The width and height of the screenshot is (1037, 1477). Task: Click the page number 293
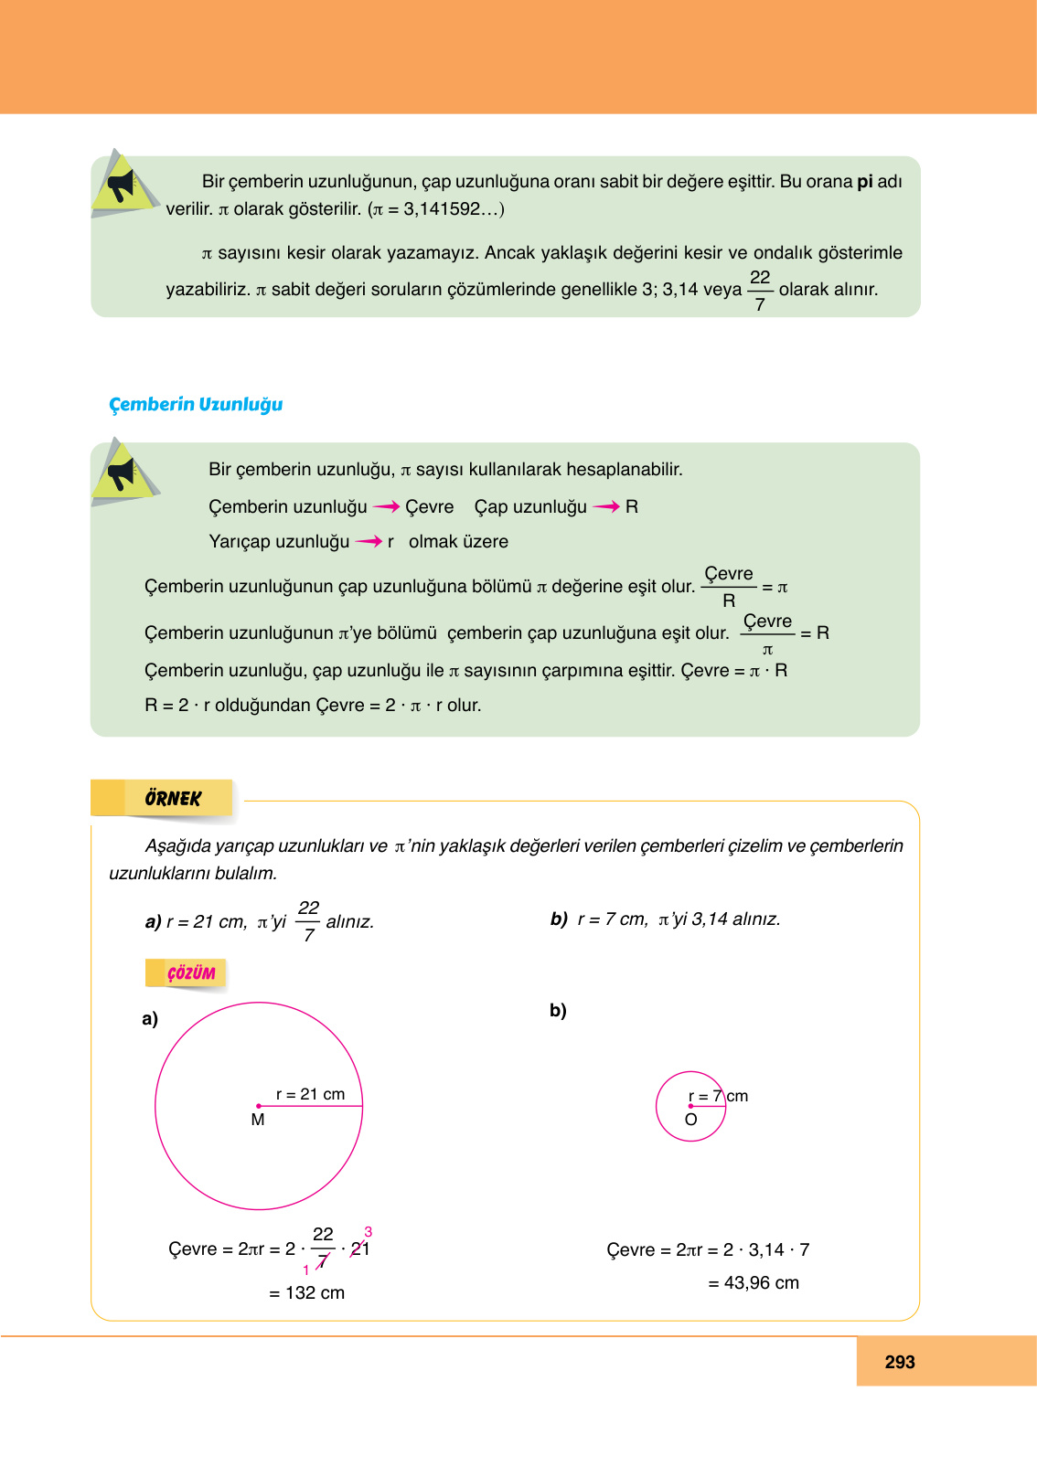[900, 1362]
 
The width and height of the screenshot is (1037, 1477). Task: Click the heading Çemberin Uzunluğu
[196, 404]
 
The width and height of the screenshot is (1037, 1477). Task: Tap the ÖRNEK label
[172, 798]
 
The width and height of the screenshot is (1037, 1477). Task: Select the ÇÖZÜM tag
[190, 972]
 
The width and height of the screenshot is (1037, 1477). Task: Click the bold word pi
[865, 181]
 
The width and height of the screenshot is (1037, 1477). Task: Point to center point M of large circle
[259, 1106]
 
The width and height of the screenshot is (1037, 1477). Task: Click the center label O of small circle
[690, 1120]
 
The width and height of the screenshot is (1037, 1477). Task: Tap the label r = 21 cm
[310, 1094]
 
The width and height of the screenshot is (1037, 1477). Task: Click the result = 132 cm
[307, 1292]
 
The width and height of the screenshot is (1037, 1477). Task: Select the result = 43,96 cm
[754, 1282]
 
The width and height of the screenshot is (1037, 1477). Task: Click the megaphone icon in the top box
[123, 186]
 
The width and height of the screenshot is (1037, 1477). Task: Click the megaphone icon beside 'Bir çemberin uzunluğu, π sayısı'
[123, 473]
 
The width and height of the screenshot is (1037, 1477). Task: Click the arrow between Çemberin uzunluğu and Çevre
[386, 506]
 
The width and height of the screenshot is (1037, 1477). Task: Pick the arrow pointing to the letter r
[369, 541]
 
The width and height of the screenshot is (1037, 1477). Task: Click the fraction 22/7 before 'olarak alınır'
[760, 290]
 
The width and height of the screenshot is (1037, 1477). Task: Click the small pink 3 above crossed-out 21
[368, 1232]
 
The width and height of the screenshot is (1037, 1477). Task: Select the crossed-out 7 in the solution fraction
[322, 1262]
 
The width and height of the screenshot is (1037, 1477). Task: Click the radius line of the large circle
[311, 1106]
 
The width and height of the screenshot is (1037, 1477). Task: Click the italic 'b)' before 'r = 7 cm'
[559, 919]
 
